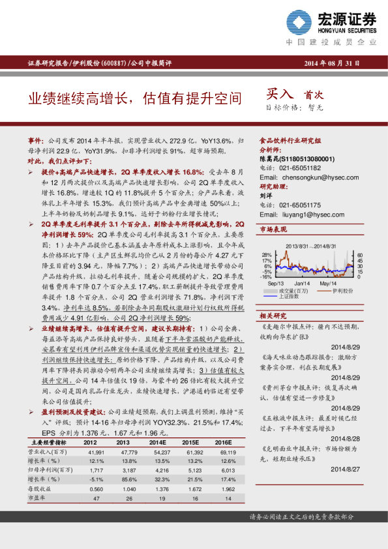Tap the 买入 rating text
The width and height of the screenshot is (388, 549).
(x=282, y=95)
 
